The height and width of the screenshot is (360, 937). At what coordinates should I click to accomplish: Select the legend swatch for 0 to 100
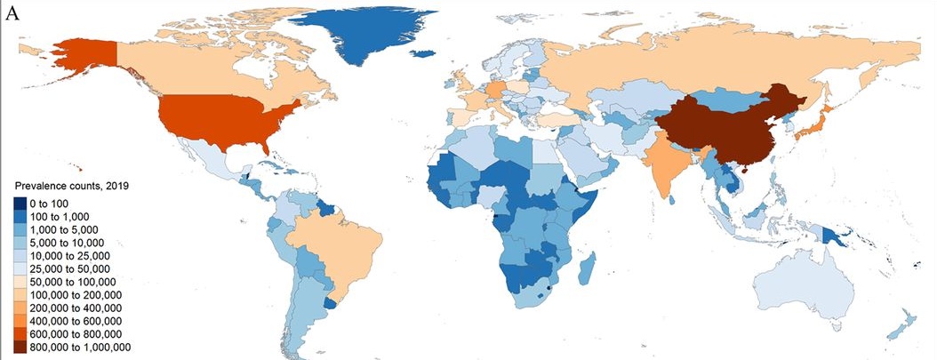(20, 204)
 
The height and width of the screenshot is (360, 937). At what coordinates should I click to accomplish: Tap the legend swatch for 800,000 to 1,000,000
(20, 347)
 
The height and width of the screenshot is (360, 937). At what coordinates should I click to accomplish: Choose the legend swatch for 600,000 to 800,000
(20, 333)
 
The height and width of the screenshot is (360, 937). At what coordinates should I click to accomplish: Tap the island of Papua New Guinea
(835, 236)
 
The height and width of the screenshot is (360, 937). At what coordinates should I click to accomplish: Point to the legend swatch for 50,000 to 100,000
(20, 282)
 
